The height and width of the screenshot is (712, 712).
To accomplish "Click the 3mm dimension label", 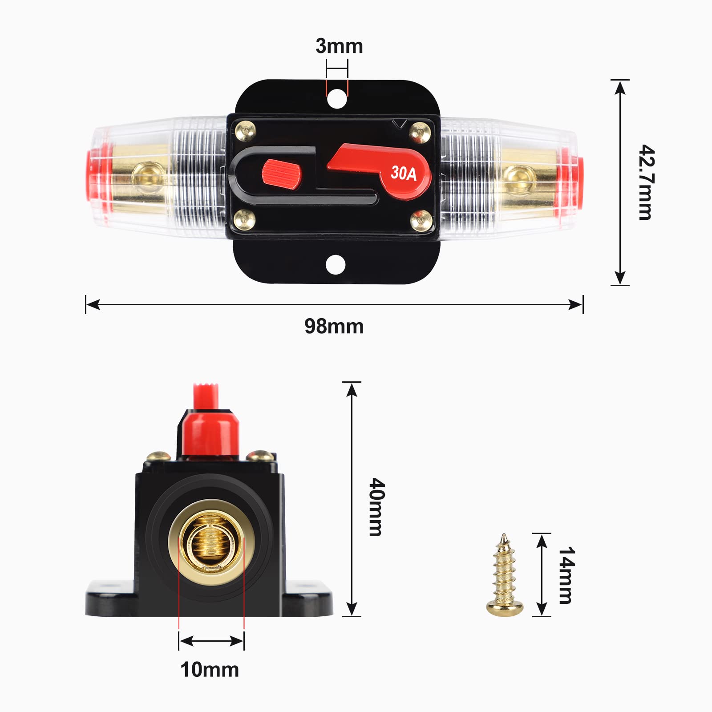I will (x=339, y=46).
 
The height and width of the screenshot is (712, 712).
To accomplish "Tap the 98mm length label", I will (x=334, y=327).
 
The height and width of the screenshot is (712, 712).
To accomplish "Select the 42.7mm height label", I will (x=646, y=182).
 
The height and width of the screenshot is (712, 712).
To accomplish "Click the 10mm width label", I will (x=210, y=670).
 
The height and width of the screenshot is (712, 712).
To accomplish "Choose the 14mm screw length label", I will (x=566, y=575).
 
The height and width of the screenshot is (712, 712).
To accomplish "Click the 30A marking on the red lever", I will (x=404, y=174).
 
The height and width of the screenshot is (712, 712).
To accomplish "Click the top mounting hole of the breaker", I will (x=336, y=98).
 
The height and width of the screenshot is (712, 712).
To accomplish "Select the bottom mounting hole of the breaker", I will (x=336, y=265).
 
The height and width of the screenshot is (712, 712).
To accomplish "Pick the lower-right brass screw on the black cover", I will (x=421, y=220).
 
